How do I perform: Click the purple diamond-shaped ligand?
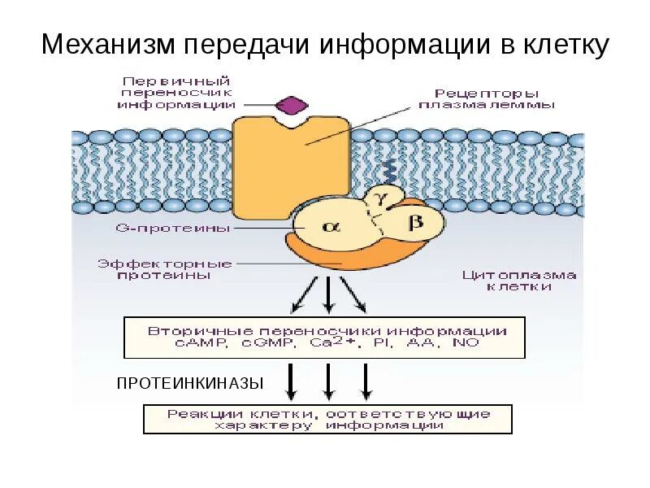tap(292, 105)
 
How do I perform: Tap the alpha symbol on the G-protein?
tap(329, 229)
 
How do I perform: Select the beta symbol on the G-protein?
tap(415, 221)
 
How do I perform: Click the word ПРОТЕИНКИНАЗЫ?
tap(190, 382)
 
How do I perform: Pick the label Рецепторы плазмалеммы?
tap(487, 98)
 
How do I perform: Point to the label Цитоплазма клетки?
tap(519, 281)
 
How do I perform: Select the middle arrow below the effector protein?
tap(327, 294)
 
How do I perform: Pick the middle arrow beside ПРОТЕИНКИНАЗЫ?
tap(327, 381)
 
